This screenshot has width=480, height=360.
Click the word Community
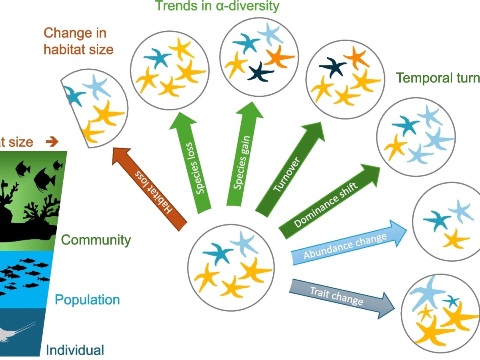(x=96, y=240)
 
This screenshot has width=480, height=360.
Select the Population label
(x=87, y=300)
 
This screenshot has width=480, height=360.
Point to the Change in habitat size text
(x=78, y=41)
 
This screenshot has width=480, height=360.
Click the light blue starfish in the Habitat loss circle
(x=96, y=86)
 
